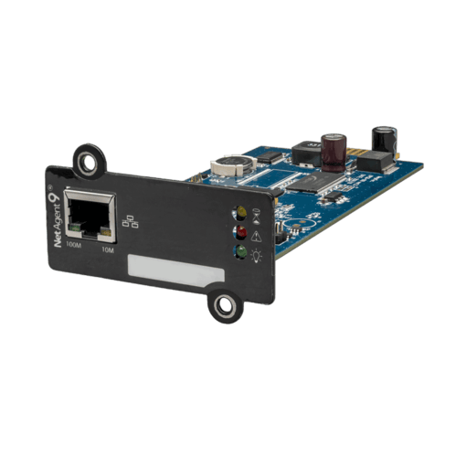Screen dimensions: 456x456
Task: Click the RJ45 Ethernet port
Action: (90, 216)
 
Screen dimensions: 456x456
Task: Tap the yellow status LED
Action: (241, 212)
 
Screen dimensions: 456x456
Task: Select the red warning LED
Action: (241, 232)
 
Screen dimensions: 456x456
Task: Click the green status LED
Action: (241, 251)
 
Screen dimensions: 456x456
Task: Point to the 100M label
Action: (73, 245)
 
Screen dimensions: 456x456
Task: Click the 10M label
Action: (108, 250)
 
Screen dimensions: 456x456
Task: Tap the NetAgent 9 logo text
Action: (57, 217)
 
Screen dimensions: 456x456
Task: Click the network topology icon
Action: (130, 221)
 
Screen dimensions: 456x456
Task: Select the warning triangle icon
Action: (256, 236)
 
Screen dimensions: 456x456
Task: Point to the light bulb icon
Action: (257, 255)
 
